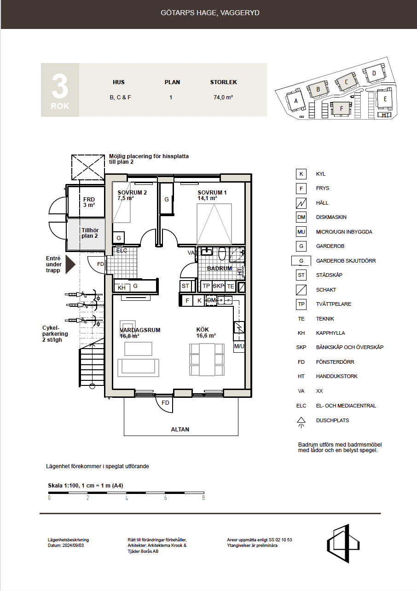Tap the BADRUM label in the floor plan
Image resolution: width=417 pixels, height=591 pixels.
(x=219, y=268)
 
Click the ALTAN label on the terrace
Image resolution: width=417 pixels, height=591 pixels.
(x=180, y=429)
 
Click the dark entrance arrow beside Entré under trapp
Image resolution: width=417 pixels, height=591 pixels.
(x=70, y=264)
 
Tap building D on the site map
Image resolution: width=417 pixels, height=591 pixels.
(x=374, y=73)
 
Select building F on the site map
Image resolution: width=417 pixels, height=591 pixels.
(x=341, y=109)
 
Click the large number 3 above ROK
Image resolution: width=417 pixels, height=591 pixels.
(x=60, y=86)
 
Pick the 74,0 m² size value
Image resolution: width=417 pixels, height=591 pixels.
(x=223, y=98)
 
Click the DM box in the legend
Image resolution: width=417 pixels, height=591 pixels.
(x=301, y=217)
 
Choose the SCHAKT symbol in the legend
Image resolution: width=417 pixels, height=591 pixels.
(x=301, y=290)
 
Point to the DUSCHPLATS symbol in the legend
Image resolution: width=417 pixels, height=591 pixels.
(x=301, y=422)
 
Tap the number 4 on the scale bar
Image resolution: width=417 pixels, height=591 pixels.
(x=127, y=498)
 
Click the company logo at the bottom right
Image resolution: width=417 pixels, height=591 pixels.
(x=343, y=543)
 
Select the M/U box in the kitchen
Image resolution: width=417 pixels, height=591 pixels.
(x=239, y=346)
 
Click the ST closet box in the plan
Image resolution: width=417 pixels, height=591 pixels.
(x=185, y=286)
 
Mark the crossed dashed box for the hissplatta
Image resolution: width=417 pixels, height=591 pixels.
(x=88, y=167)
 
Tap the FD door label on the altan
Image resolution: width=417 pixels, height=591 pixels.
(x=165, y=402)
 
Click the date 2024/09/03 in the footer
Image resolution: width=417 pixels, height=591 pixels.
(x=73, y=545)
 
